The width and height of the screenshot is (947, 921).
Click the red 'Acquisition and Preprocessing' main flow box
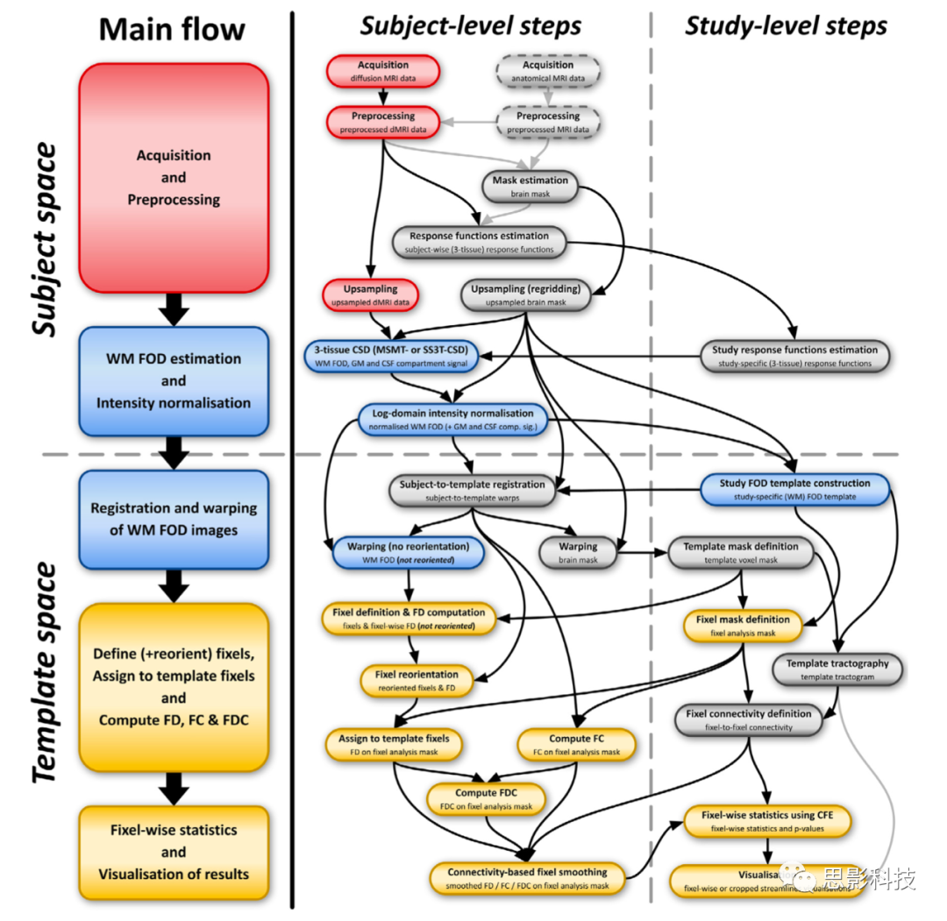coord(174,177)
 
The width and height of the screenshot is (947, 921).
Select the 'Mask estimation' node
coord(530,186)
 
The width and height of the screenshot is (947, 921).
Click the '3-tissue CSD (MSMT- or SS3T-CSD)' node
coord(392,356)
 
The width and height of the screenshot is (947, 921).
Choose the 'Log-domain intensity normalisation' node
coord(452,419)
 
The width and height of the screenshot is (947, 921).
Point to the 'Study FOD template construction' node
coord(794,489)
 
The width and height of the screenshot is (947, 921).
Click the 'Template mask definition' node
coord(741,552)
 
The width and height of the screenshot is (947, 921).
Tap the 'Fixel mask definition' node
coord(743,625)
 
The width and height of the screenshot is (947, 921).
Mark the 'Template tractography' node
coord(837,669)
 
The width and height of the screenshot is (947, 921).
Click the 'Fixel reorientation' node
coord(417,681)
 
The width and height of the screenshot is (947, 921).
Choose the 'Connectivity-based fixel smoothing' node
coord(527,878)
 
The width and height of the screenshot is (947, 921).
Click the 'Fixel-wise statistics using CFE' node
coord(767,821)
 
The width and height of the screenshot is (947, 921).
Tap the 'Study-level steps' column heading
coord(786,26)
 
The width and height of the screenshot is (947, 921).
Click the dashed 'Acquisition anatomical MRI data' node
coord(548,71)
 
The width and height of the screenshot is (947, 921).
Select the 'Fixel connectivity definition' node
coord(748,719)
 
